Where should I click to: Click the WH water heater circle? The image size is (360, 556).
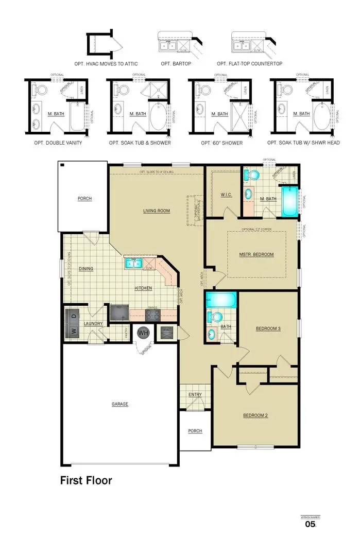143,333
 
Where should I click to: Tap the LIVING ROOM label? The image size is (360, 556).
156,211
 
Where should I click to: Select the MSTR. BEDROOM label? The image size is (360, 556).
256,254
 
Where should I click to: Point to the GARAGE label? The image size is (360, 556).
120,404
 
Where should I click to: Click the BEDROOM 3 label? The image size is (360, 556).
268,328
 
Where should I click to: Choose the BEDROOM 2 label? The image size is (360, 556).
255,415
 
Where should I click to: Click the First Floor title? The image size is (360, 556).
86,481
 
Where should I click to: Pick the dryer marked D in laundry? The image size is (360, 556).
74,316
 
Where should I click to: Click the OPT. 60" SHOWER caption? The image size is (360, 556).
222,143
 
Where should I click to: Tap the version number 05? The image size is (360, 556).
310,524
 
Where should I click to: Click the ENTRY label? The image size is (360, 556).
195,395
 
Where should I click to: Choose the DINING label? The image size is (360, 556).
85,269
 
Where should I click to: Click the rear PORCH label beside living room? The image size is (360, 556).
84,198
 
